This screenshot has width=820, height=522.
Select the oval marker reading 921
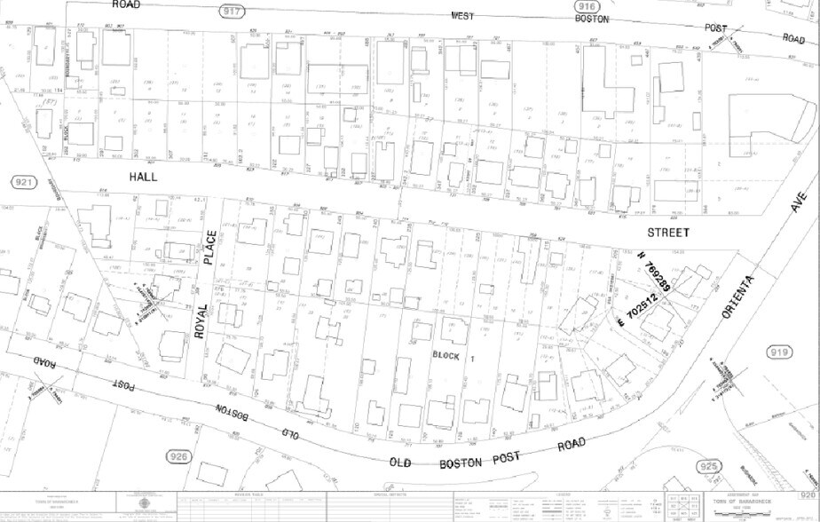pyautogui.click(x=24, y=181)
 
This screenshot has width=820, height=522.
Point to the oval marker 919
pyautogui.click(x=779, y=353)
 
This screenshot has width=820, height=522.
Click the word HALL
pyautogui.click(x=144, y=178)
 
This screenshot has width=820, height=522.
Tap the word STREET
pyautogui.click(x=668, y=233)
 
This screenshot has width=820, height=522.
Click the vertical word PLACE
pyautogui.click(x=209, y=246)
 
